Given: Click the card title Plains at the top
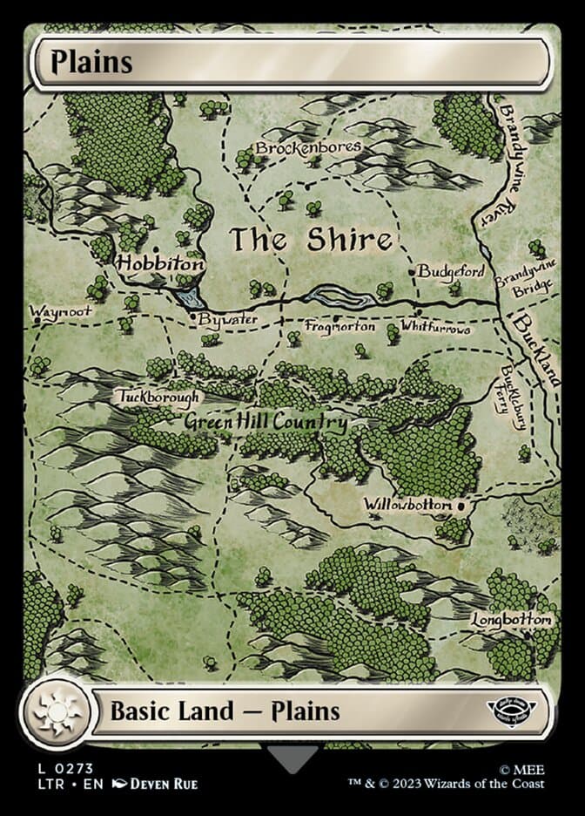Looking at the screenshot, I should tap(91, 63).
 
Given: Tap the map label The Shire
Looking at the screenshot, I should tap(310, 240).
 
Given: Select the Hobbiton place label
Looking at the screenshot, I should tap(161, 262).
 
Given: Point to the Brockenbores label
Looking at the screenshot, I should tap(307, 148).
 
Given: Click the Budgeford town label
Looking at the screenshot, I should tap(450, 271).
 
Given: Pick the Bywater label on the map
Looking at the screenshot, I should tap(227, 320).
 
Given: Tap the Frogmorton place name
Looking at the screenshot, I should tap(340, 327).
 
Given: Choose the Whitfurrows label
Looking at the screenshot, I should tap(435, 329).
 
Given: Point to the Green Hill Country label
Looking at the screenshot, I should tap(266, 423).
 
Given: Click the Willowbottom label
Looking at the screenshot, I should tap(407, 505).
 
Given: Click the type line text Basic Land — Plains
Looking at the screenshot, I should tap(224, 711).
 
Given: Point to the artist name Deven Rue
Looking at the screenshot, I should tap(163, 784).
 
